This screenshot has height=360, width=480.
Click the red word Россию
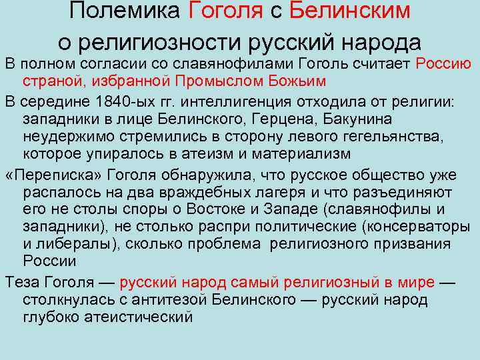pos(444,64)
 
